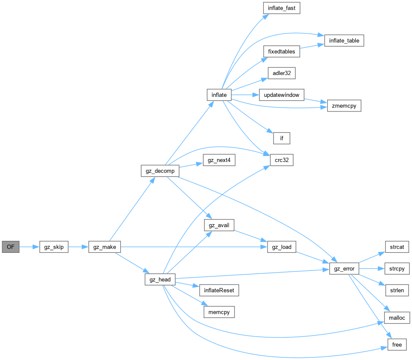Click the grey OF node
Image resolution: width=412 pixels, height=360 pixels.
[x=11, y=247]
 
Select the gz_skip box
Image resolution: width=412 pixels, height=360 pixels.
[x=54, y=247]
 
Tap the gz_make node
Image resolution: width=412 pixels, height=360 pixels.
[x=105, y=247]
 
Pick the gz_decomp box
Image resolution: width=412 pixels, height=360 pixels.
[x=159, y=171]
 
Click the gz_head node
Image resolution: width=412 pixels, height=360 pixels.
[x=160, y=280]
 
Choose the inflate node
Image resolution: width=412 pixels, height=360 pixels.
[x=219, y=95]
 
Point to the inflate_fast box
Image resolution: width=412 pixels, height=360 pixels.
[x=281, y=8]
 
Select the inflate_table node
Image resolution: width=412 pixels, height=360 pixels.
[x=344, y=41]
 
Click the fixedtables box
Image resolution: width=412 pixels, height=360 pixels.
[x=281, y=51]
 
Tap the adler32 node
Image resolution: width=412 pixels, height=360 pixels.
[x=281, y=73]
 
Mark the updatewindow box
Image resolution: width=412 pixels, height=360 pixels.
[x=281, y=95]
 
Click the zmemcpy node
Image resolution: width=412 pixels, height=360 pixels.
[x=344, y=105]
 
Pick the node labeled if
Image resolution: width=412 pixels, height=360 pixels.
[x=282, y=138]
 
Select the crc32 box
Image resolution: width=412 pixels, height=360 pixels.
[x=282, y=160]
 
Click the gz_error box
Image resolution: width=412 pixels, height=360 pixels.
[x=344, y=269]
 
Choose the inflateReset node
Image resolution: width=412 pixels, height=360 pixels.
[x=219, y=290]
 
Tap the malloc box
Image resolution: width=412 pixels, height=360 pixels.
[x=397, y=318]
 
